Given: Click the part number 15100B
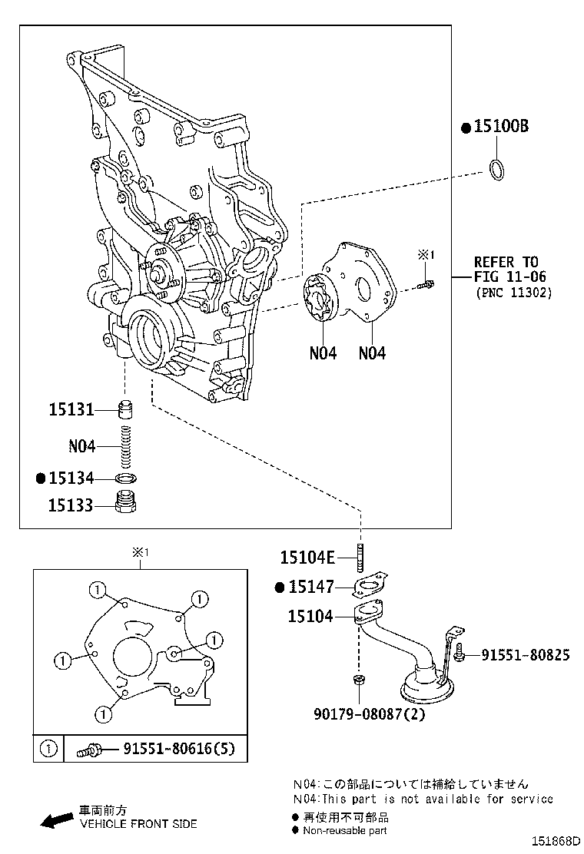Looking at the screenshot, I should (501, 127).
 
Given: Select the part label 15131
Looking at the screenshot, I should (71, 410).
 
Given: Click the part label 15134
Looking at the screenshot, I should (71, 478).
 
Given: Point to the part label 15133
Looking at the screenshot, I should (71, 505).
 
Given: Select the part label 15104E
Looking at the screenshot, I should (307, 558).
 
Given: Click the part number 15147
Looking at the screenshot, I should (311, 588).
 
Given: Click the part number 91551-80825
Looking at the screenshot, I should (526, 655).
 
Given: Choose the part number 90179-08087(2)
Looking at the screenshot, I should (370, 713).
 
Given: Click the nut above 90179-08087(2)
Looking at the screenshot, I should (359, 681).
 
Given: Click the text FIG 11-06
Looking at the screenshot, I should (510, 276).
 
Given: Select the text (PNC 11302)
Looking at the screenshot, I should (513, 292).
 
